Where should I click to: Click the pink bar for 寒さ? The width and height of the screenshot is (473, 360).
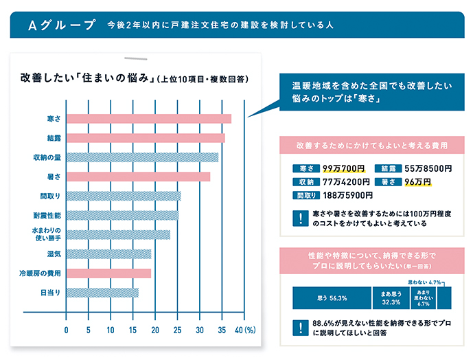148,119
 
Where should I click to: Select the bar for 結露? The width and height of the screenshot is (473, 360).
145,138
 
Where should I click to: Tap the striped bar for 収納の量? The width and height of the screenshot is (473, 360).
142,157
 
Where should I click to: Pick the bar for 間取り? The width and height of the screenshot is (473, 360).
124,196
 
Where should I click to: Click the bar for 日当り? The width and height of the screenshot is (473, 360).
102,293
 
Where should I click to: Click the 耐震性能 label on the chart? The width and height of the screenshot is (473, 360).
47,216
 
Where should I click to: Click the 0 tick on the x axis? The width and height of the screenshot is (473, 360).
67,330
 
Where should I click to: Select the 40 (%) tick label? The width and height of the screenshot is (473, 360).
245,330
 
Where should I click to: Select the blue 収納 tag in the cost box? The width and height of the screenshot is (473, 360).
303,182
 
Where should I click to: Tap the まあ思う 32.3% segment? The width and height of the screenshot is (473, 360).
391,298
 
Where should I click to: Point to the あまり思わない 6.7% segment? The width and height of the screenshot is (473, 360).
422,298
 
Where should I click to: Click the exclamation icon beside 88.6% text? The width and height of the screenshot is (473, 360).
300,328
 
